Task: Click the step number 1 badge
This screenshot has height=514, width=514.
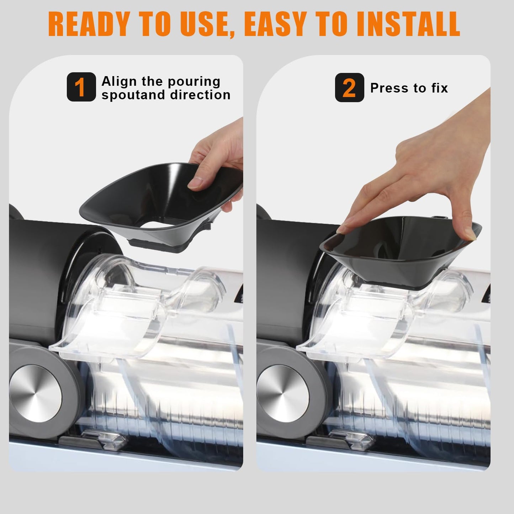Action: pos(81,87)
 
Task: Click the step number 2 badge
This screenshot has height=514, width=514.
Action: pos(349,88)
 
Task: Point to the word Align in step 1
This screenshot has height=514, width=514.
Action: pos(119,81)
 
